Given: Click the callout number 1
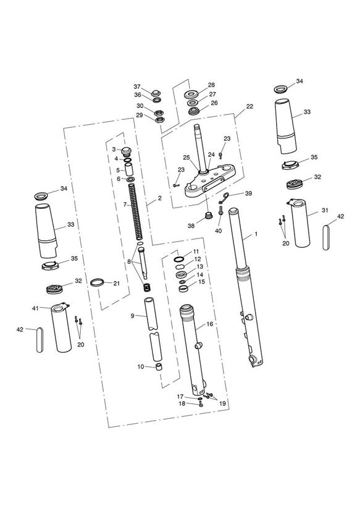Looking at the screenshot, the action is click(x=256, y=233).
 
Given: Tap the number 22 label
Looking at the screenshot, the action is click(x=249, y=106).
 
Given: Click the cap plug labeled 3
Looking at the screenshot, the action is click(x=125, y=151).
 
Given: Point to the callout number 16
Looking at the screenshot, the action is click(x=210, y=324).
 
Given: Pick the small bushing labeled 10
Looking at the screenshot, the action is click(x=159, y=367).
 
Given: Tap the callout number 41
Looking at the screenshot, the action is click(x=35, y=308).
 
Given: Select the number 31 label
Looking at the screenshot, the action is click(x=325, y=210).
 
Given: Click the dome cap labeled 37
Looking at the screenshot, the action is click(x=156, y=92).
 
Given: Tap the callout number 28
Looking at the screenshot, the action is click(x=211, y=85).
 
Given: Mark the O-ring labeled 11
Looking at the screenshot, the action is click(x=179, y=259).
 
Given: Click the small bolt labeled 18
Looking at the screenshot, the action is click(x=201, y=405).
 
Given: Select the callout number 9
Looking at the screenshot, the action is click(x=132, y=316).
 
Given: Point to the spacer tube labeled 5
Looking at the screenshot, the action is click(x=129, y=170).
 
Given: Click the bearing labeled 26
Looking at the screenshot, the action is click(x=195, y=111).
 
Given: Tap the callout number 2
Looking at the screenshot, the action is click(x=159, y=198).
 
